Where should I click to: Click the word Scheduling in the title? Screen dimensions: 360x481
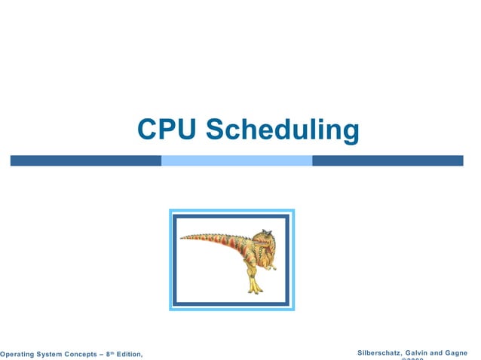(283, 130)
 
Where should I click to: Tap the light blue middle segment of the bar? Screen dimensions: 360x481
(237, 160)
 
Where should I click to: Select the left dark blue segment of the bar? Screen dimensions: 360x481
(85, 160)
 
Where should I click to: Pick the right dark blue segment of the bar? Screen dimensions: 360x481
(388, 160)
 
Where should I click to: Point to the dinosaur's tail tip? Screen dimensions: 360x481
(182, 237)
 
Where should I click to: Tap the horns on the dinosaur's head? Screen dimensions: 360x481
(265, 231)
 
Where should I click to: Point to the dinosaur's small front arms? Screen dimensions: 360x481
(267, 260)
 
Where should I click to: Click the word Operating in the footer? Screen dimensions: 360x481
(19, 354)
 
